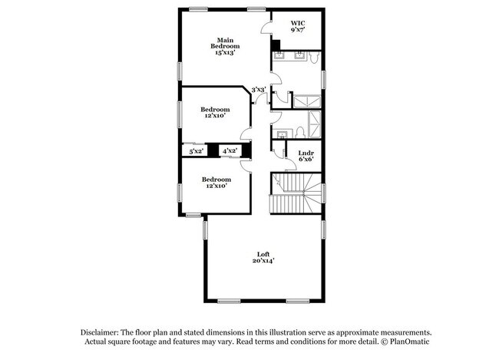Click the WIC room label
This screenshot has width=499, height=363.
(x=298, y=23)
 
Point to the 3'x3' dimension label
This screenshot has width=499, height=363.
(x=259, y=90)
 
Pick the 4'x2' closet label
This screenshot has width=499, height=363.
(x=230, y=151)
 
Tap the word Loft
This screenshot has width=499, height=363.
(x=263, y=254)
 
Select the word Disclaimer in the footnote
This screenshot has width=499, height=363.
(x=105, y=332)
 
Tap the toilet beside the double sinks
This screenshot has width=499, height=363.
(x=315, y=56)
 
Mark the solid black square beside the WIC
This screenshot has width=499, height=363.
(x=274, y=45)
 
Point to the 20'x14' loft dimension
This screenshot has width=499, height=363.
(x=263, y=261)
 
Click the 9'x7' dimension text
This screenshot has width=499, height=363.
(x=298, y=30)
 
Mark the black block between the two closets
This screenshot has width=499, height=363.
(x=213, y=151)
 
